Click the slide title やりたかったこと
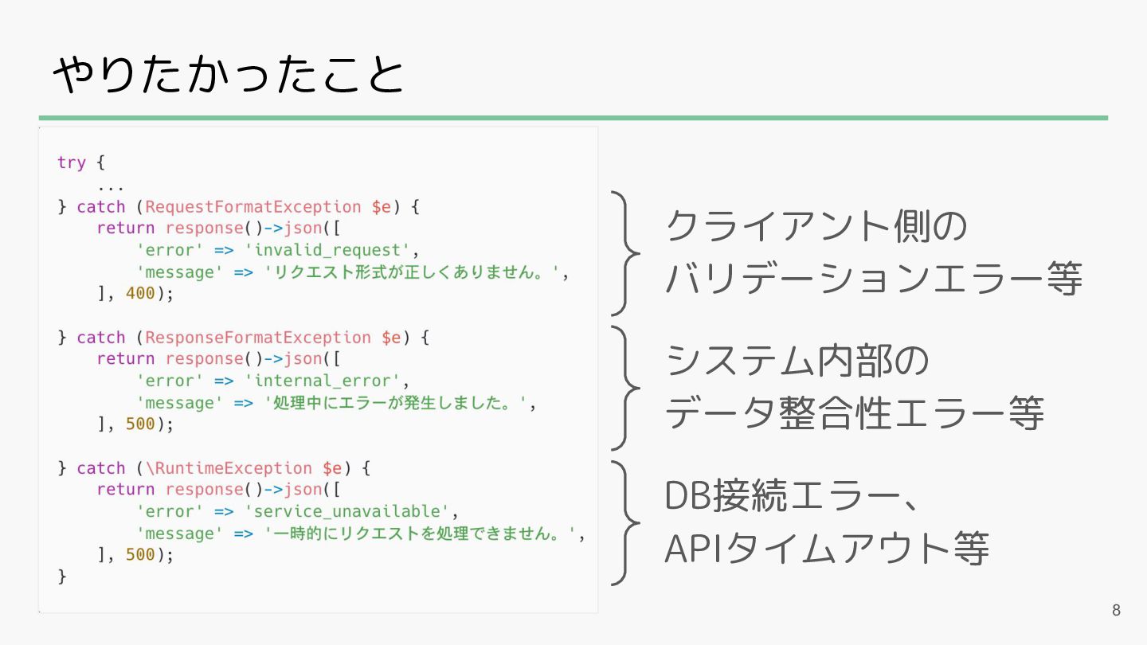point(229,76)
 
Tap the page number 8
point(1116,611)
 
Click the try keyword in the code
point(71,162)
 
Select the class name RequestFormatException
point(253,207)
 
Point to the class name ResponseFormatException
point(258,338)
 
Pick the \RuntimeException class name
point(229,468)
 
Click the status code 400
point(140,293)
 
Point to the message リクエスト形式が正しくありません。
point(417,272)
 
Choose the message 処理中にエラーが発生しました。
point(396,403)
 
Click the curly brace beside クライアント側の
point(626,253)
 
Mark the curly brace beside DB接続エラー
point(626,522)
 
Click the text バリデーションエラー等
point(874,279)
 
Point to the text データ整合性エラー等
point(854,414)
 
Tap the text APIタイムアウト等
point(827,549)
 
